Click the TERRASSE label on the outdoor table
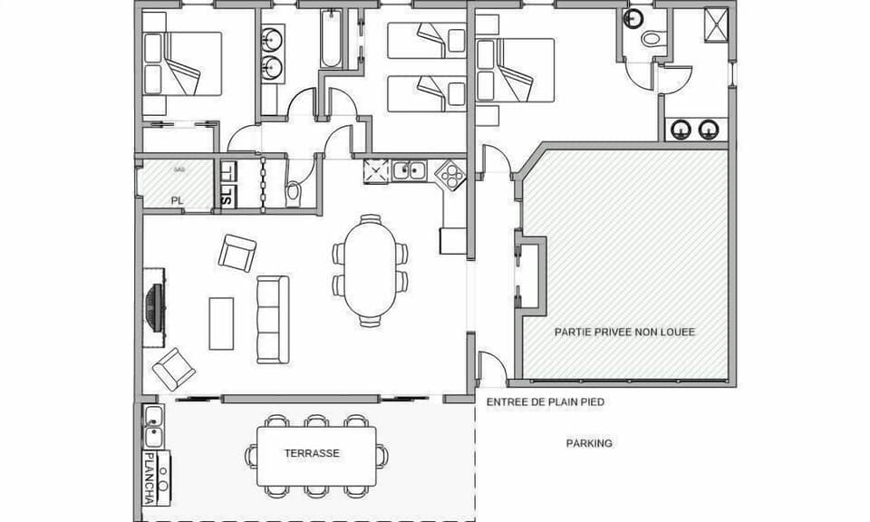click(x=312, y=453)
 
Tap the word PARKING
click(x=589, y=443)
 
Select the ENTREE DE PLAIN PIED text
click(x=545, y=401)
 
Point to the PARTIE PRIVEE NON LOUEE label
click(x=624, y=332)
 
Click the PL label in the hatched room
click(x=178, y=200)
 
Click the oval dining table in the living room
click(x=370, y=270)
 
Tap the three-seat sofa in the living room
click(x=272, y=319)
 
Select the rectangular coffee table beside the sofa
click(x=221, y=323)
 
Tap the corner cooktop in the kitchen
click(x=448, y=173)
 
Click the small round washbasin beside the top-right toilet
click(x=634, y=19)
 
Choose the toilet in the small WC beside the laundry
click(x=294, y=193)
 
